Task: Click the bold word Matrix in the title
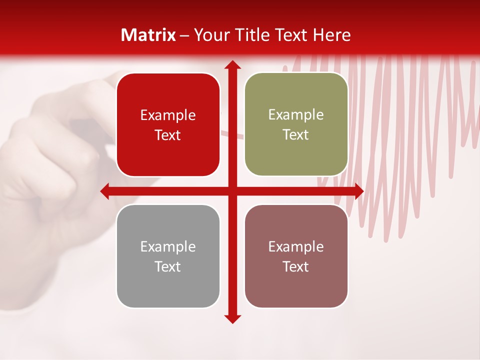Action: pos(148,35)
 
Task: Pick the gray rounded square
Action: pos(168,287)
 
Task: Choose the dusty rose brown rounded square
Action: pos(296,287)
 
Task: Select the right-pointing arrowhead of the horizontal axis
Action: pos(359,191)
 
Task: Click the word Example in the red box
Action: pos(168,115)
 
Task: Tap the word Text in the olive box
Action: pos(296,135)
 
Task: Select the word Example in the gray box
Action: pos(168,247)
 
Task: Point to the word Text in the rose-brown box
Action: pos(296,266)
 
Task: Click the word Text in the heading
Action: pos(289,35)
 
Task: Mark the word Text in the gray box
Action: pos(168,266)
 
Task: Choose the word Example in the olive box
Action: pos(296,115)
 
